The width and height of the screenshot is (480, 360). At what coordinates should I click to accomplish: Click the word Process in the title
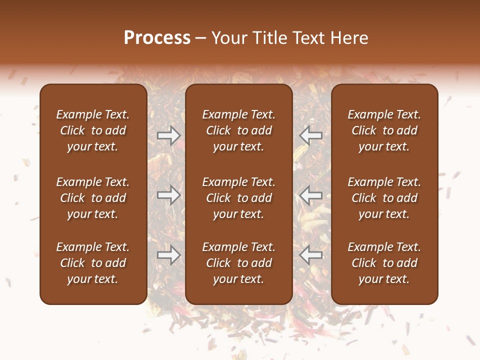(157, 38)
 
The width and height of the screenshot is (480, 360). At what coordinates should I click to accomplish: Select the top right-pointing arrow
(169, 135)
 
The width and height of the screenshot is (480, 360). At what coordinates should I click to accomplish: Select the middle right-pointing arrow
(169, 195)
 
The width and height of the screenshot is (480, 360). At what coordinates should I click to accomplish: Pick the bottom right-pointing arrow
(169, 255)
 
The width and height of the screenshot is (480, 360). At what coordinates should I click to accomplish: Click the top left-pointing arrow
(311, 135)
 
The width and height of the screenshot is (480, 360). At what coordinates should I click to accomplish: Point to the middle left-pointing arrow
(311, 195)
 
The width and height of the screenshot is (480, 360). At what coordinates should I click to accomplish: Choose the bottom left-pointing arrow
(311, 255)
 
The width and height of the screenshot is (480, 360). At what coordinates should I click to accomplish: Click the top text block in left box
(93, 130)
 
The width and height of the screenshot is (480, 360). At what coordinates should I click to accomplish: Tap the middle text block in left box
(93, 198)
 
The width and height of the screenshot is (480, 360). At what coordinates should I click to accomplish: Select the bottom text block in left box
(93, 263)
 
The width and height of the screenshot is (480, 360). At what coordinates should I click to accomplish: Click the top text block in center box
(239, 130)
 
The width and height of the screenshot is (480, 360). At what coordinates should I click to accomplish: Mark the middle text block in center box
(239, 198)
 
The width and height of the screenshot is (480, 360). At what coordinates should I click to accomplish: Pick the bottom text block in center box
(239, 263)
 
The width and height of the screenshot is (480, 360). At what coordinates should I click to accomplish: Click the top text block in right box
(384, 130)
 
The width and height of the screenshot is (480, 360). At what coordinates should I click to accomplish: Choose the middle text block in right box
(384, 198)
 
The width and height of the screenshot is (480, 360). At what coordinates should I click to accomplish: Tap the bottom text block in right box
(384, 263)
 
